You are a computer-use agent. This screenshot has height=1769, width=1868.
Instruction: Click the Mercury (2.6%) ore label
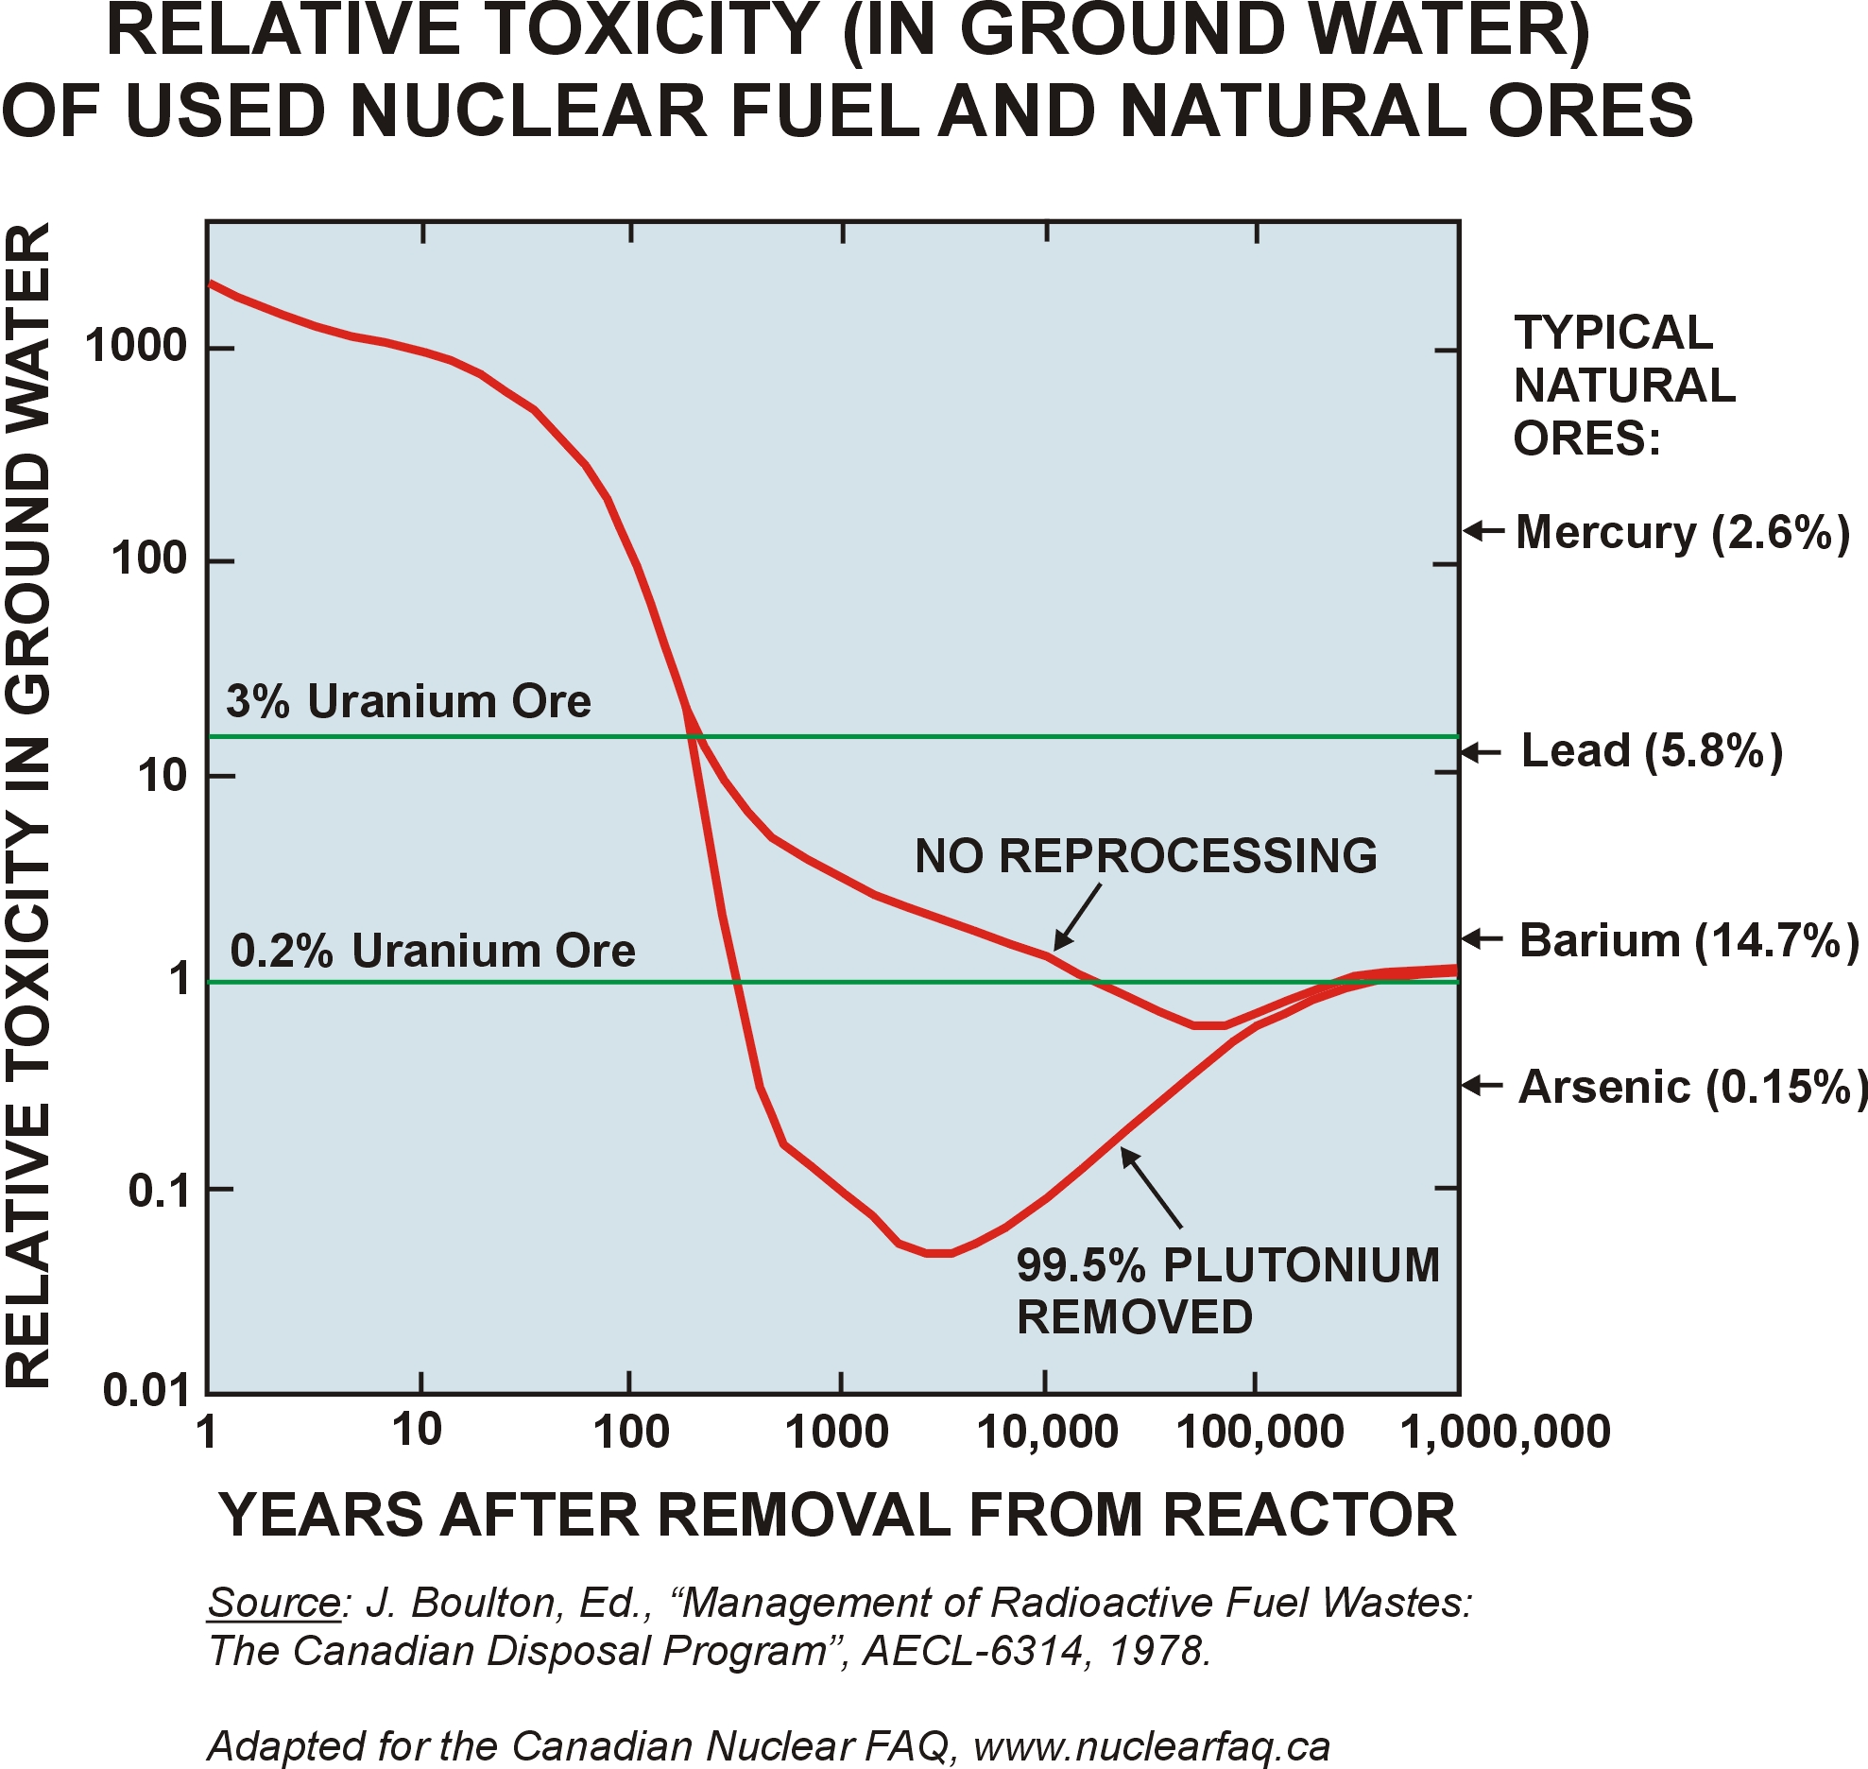[x=1682, y=533]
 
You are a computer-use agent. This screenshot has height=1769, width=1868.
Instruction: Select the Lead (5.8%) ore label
[x=1652, y=751]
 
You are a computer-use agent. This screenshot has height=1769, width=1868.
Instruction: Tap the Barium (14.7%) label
[x=1688, y=941]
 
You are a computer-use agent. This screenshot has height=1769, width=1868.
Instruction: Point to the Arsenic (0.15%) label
[x=1692, y=1087]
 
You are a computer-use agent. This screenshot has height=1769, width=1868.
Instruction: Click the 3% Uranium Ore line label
[x=408, y=701]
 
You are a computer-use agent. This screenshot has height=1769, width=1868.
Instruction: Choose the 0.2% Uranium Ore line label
[x=433, y=951]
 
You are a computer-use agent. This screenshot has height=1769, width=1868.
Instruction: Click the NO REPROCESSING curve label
[x=1145, y=856]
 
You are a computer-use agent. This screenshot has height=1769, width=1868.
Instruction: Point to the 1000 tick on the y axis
[x=136, y=347]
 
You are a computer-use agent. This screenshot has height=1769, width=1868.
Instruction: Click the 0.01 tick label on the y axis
[x=146, y=1391]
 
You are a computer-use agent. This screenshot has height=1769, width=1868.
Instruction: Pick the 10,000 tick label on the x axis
[x=1047, y=1433]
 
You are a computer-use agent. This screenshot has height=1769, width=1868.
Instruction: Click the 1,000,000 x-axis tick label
[x=1505, y=1433]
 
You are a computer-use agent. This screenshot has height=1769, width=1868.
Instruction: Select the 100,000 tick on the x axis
[x=1259, y=1433]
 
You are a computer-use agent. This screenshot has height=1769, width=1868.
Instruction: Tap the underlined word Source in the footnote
[x=273, y=1603]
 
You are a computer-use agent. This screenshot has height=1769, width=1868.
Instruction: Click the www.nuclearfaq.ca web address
[x=1151, y=1746]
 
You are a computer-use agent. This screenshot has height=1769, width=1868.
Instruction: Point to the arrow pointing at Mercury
[x=1483, y=531]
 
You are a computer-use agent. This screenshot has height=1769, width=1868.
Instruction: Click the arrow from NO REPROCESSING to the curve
[x=1077, y=917]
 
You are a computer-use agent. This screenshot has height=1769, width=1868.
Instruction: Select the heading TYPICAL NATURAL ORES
[x=1623, y=386]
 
